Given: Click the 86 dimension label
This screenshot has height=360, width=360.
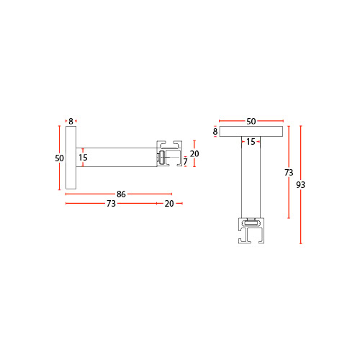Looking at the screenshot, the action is [x=121, y=194].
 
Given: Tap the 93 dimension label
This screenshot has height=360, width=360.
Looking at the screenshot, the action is [x=300, y=185].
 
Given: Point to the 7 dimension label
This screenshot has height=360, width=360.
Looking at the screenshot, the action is [x=185, y=162].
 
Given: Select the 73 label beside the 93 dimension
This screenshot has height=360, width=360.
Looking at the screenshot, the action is [x=289, y=173].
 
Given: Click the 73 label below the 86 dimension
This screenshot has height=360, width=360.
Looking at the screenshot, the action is [x=111, y=204].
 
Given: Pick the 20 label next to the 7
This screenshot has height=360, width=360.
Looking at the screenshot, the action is [x=194, y=153].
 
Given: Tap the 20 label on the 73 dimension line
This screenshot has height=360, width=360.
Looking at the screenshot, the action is [x=169, y=204].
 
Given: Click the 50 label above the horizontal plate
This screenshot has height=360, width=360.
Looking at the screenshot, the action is [x=251, y=121].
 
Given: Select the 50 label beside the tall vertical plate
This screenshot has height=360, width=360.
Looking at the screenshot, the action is [x=60, y=158].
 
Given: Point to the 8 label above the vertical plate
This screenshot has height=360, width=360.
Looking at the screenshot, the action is [x=71, y=121].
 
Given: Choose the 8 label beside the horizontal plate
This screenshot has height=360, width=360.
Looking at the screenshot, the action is [x=215, y=131].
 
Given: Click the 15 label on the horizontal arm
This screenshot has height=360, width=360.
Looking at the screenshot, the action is [x=83, y=158].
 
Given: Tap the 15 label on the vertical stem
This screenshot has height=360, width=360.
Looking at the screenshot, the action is [x=251, y=142].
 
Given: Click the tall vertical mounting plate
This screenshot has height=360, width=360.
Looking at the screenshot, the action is [x=71, y=158].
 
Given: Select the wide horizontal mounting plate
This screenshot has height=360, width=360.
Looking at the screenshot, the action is [x=251, y=131].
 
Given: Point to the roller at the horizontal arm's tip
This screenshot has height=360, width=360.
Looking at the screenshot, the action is [x=161, y=159].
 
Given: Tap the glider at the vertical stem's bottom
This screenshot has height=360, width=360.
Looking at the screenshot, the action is [x=251, y=223].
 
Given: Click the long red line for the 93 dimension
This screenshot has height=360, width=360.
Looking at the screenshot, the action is [x=301, y=185].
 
